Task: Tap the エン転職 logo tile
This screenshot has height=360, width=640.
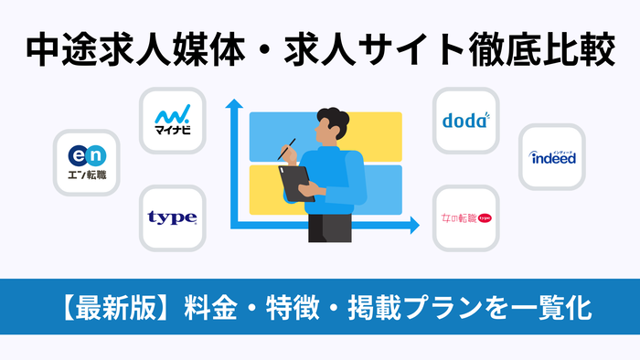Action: [87, 161]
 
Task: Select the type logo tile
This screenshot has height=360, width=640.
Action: [172, 218]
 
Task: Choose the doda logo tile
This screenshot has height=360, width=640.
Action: [466, 121]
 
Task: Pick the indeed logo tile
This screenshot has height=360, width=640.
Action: [552, 157]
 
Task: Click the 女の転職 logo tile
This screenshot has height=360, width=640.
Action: [466, 219]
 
